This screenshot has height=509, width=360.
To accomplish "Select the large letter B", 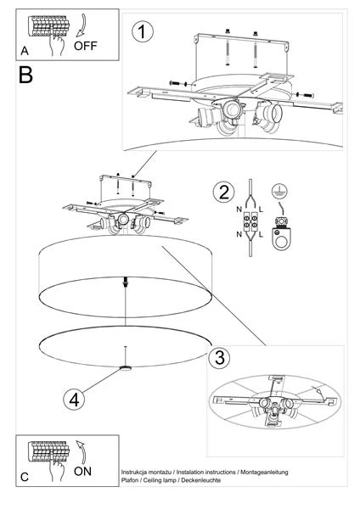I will coord(25,76).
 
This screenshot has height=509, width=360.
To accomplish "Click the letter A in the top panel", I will coord(25,52).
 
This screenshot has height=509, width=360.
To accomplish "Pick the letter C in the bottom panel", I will coord(25,477).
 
